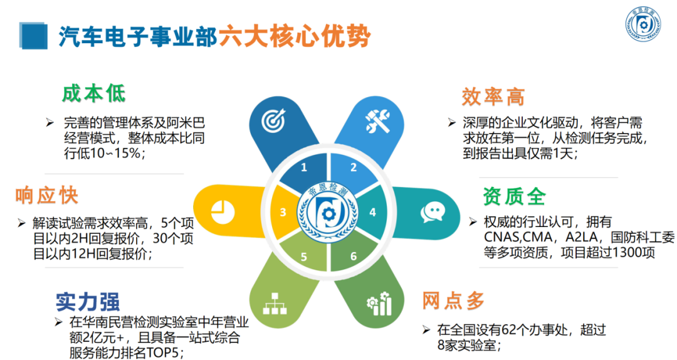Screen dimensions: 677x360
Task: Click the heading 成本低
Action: click(93, 94)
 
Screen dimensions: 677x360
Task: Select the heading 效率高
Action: click(493, 97)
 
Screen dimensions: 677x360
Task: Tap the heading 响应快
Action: click(46, 195)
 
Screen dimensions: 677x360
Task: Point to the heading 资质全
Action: click(514, 197)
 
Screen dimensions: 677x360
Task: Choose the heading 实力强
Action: click(88, 302)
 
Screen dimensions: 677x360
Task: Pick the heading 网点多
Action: click(453, 301)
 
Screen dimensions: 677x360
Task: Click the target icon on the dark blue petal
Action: click(273, 120)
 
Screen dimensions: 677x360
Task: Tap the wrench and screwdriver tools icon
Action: click(378, 120)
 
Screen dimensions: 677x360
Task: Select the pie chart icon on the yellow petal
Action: click(223, 212)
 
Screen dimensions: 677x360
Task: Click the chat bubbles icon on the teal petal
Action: click(433, 212)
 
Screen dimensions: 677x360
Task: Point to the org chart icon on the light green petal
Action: click(275, 304)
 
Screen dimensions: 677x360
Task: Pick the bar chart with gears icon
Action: click(379, 304)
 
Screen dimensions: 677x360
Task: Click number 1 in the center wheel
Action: click(304, 167)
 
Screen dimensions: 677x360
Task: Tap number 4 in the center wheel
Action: click(372, 212)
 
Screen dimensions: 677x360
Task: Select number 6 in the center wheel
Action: click(354, 257)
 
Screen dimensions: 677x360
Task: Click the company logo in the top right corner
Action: click(643, 24)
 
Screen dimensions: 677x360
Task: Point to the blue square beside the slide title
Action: click(33, 36)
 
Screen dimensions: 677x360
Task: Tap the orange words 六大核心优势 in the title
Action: click(295, 36)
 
